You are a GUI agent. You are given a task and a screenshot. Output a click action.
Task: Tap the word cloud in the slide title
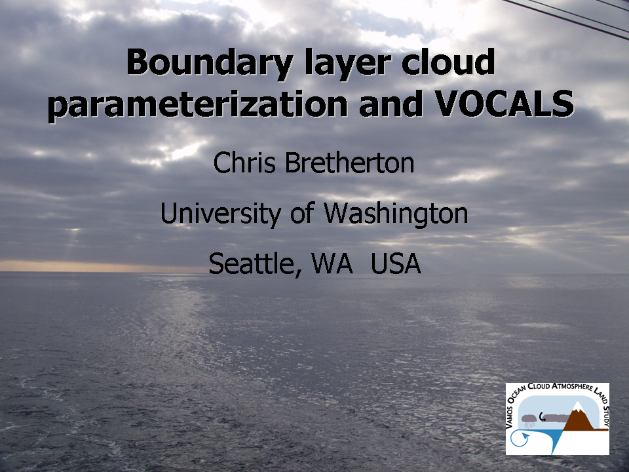448,62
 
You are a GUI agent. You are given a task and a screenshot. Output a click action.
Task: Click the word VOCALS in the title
505,104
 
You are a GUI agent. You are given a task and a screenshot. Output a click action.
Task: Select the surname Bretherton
349,163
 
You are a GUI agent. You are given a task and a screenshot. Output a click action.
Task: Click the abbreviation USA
396,264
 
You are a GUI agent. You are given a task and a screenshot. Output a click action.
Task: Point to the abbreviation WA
332,264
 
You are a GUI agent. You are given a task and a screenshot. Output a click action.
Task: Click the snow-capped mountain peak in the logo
577,406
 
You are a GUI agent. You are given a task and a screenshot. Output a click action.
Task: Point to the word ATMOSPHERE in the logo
573,387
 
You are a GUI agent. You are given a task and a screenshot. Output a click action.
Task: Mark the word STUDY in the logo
605,416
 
